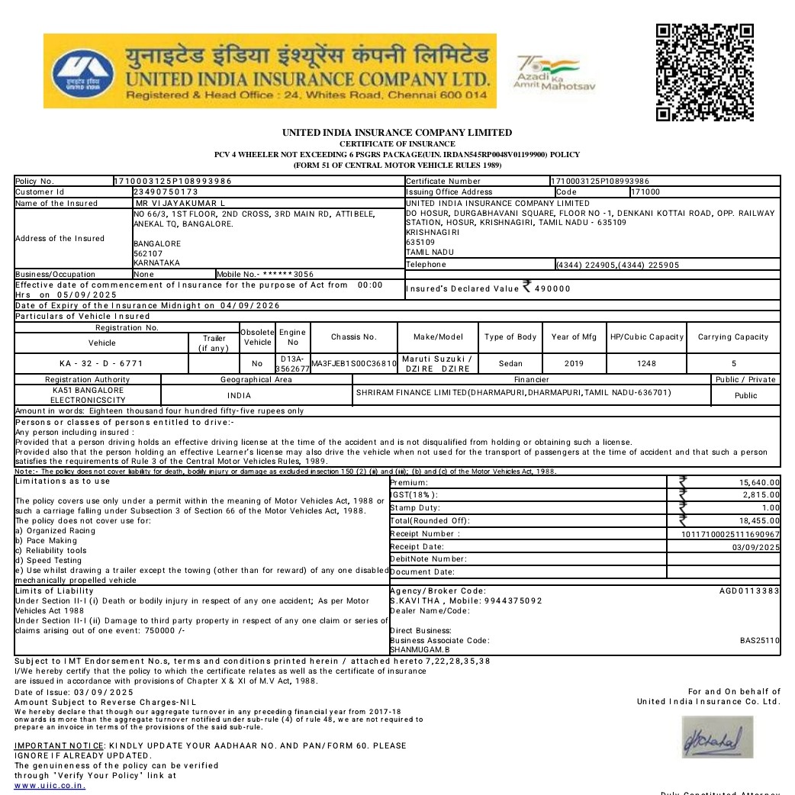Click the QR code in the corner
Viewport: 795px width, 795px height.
[x=704, y=72]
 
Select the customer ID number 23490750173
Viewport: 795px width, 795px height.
[x=166, y=192]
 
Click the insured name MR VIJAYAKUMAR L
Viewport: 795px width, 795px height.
[x=180, y=204]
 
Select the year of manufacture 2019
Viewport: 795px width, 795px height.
[x=574, y=364]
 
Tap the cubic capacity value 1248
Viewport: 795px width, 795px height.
[x=646, y=364]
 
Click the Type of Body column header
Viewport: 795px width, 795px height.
[x=510, y=337]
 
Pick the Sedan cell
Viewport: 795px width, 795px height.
[x=510, y=364]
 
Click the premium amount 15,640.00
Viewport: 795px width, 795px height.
[x=759, y=483]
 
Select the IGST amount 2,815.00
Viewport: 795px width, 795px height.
[x=761, y=495]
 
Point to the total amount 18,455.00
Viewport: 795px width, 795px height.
[x=759, y=521]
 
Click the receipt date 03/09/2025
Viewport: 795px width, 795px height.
[x=755, y=547]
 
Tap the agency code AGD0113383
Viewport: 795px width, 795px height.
[x=749, y=591]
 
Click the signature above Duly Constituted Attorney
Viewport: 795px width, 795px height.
[x=716, y=738]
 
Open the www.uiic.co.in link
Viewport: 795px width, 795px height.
[x=50, y=785]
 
